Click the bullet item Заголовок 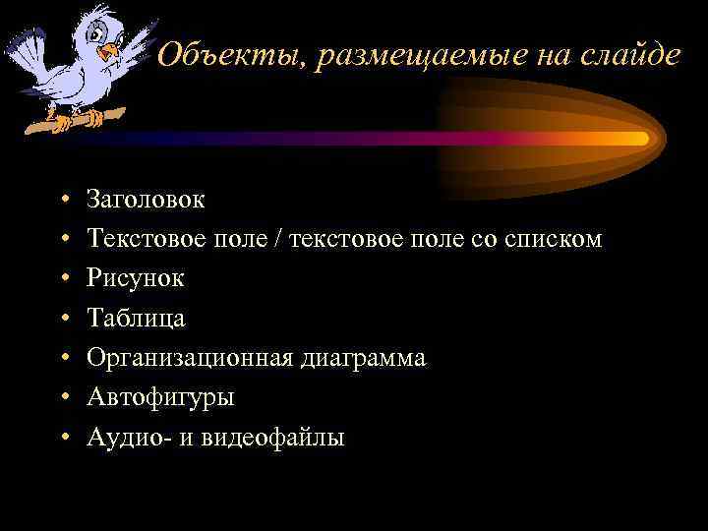tap(146, 200)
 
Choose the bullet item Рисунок tap(135, 278)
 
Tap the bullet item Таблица tap(136, 319)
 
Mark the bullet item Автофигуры tap(160, 397)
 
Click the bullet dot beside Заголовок tap(62, 201)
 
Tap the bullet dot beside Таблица tap(62, 320)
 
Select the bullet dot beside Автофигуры tap(62, 398)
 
